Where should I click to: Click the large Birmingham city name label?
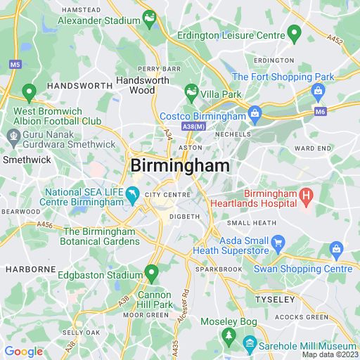tap(180, 165)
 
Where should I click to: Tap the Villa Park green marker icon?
tap(191, 91)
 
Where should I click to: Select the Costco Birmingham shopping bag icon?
tap(255, 112)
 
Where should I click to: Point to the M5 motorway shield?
tap(15, 64)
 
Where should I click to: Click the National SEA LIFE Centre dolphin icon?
tap(132, 193)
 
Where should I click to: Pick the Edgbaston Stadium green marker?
tap(151, 271)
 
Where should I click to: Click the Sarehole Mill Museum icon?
tap(249, 345)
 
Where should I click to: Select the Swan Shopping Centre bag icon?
tap(336, 248)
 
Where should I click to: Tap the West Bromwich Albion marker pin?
tap(29, 91)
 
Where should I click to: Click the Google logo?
tap(23, 352)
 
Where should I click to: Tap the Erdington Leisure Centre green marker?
tap(294, 32)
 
